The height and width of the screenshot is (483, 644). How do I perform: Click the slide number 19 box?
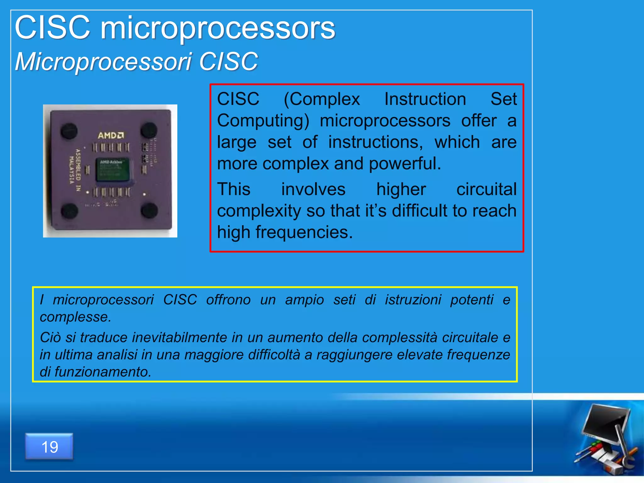pos(49,447)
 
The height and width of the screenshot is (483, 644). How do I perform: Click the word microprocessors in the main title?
pos(218,29)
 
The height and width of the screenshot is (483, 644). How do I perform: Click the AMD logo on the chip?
pos(111,136)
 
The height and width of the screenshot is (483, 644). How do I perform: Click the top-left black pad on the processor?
pos(69,130)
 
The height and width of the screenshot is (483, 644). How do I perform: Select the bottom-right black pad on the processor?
pos(149,210)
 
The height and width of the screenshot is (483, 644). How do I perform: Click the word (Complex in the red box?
pos(322,99)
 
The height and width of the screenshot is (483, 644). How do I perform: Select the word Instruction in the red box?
pos(425,99)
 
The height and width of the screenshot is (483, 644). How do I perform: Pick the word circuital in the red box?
pos(486,190)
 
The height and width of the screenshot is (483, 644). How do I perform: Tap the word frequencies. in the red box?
pos(304,232)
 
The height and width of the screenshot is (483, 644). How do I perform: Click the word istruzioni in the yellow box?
pos(413,300)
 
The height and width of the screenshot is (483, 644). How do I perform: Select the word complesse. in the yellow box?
pos(75,317)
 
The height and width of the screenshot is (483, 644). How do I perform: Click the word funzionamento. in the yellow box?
pos(103,372)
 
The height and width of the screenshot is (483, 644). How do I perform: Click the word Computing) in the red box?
pos(263,121)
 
